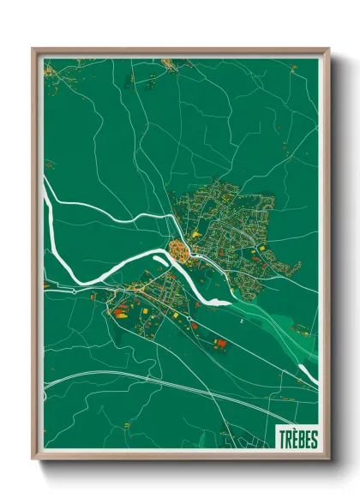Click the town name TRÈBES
coord(297,439)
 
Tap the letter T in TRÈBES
coord(282,439)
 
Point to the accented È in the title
coord(293,439)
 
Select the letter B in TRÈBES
coord(300,439)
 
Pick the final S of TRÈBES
coord(314,439)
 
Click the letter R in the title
coord(287,439)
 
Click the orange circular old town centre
coord(180,250)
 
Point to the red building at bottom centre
coord(221,344)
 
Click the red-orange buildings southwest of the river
coord(120,312)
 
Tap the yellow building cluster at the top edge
coord(171,63)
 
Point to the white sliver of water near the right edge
coord(306,370)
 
